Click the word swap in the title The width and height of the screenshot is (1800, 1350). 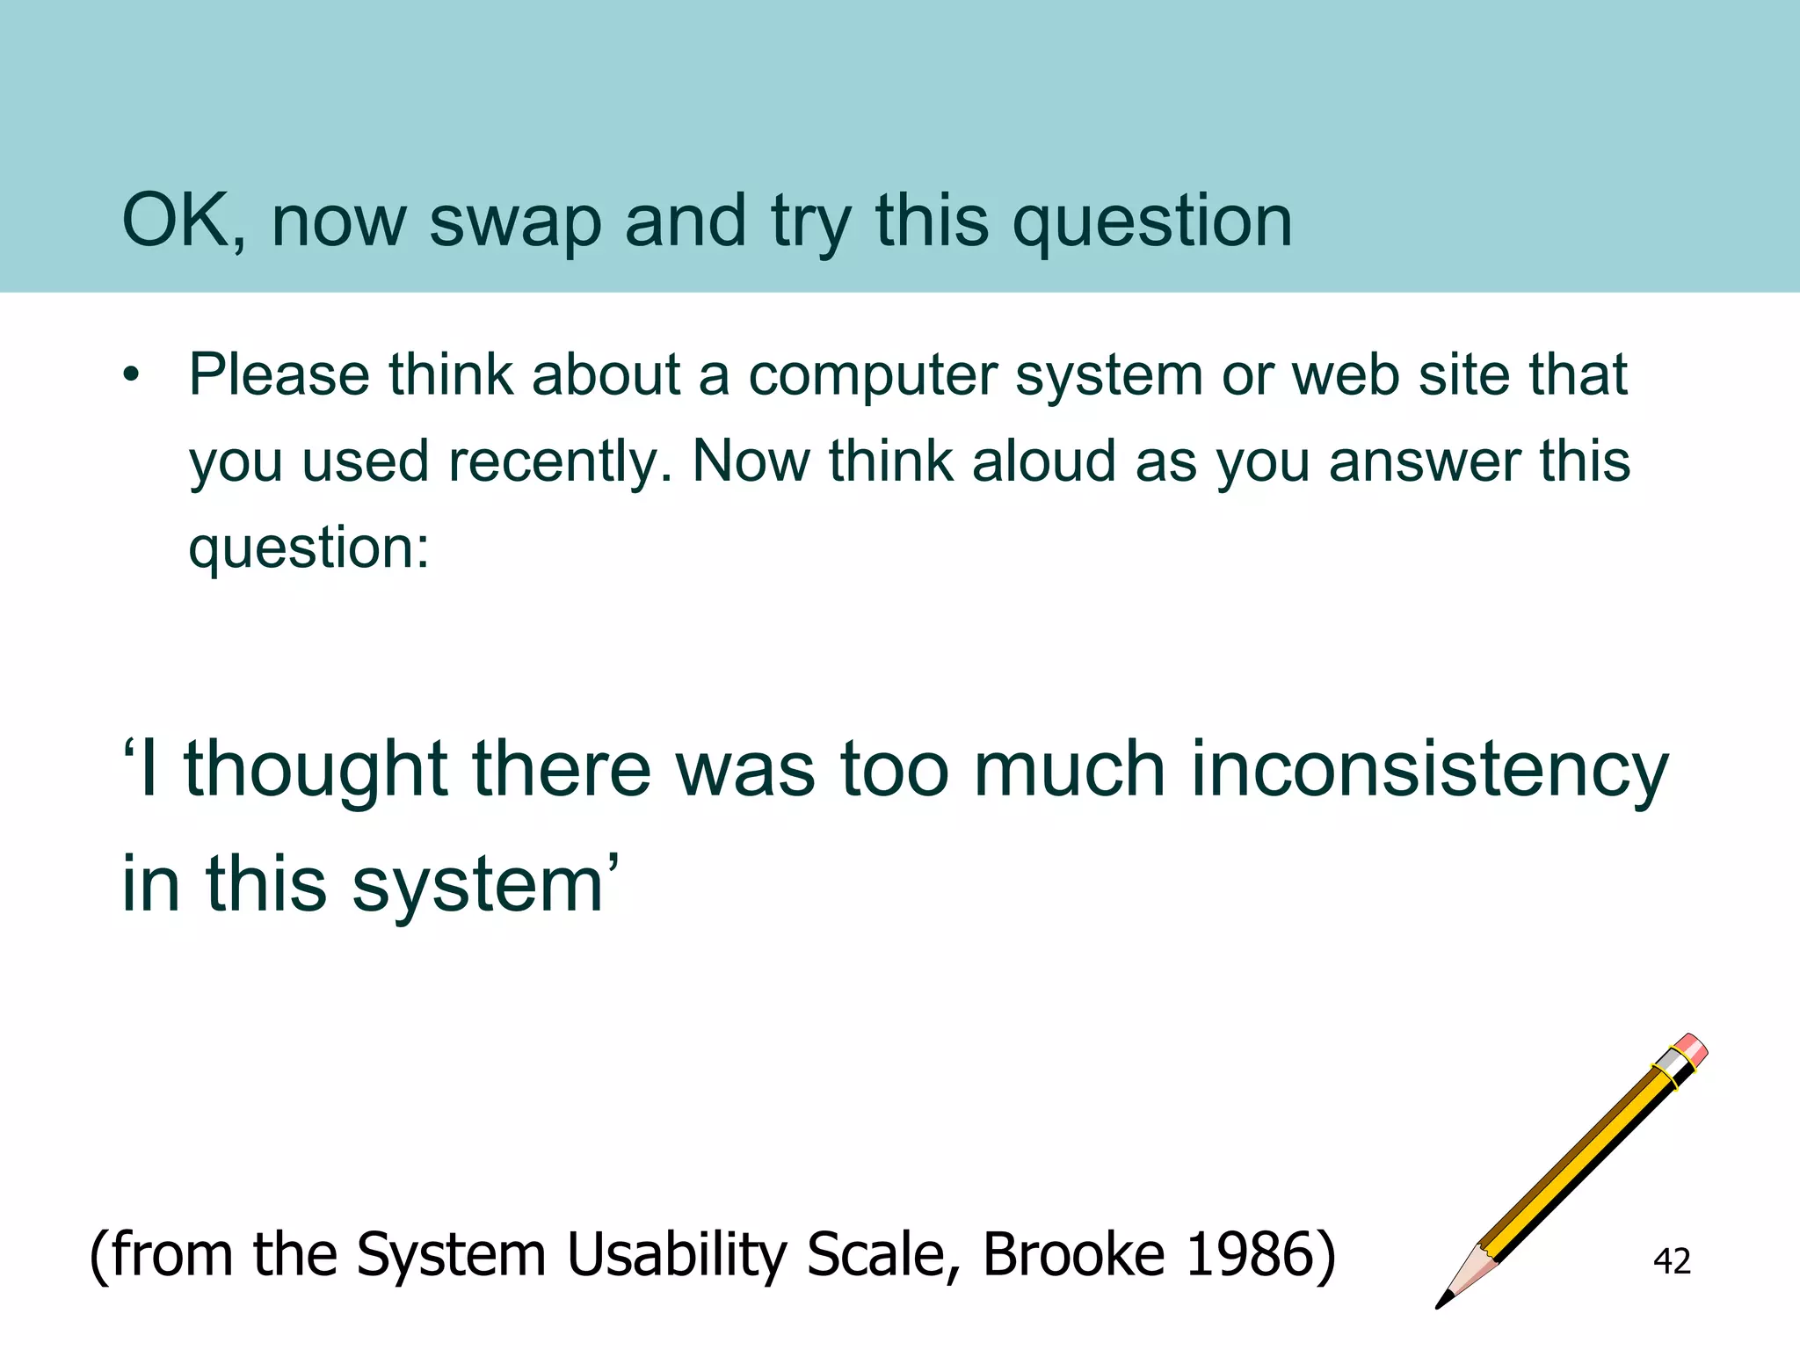(x=515, y=221)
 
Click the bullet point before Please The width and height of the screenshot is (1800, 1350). (x=132, y=376)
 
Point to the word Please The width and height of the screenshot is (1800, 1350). (x=279, y=375)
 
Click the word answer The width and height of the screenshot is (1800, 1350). (x=1424, y=462)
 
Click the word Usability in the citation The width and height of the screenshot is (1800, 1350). (x=676, y=1255)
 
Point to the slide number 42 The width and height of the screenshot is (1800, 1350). (x=1672, y=1261)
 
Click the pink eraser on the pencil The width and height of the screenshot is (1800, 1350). (x=1691, y=1049)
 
